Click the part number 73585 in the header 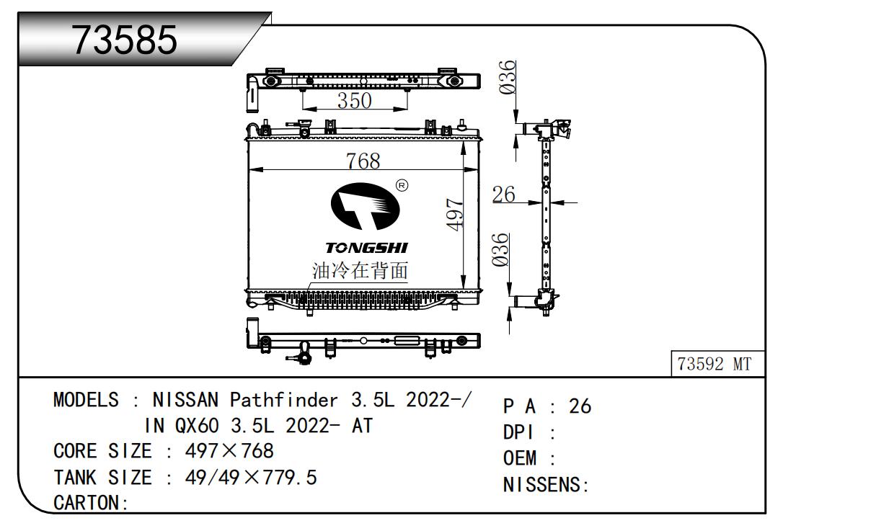click(x=125, y=40)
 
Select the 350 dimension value click(x=354, y=100)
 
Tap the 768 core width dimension click(x=363, y=161)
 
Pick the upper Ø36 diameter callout click(x=508, y=76)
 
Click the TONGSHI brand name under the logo click(x=366, y=248)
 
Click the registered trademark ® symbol click(x=402, y=186)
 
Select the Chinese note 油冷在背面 click(x=360, y=271)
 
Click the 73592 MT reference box click(x=714, y=365)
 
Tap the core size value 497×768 click(x=229, y=452)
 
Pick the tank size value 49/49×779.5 click(x=251, y=478)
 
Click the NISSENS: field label click(x=546, y=486)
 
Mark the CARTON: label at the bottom click(x=91, y=503)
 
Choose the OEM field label click(x=519, y=459)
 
